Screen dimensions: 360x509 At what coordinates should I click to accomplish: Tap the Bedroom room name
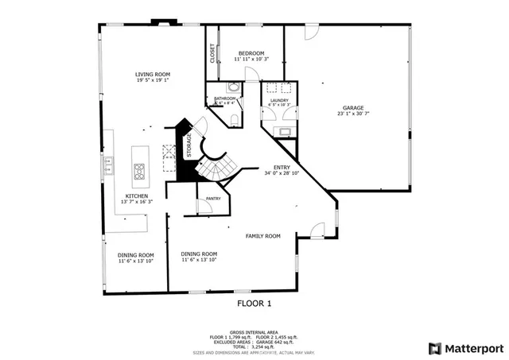(251, 53)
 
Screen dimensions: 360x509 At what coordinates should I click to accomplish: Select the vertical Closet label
(212, 53)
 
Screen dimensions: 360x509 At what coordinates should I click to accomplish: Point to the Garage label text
(354, 107)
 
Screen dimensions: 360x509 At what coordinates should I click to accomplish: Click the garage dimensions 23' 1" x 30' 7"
(354, 114)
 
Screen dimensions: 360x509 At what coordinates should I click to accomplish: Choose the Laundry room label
(279, 100)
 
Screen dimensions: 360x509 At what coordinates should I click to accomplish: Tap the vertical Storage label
(189, 145)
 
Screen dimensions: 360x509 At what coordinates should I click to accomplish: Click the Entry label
(282, 167)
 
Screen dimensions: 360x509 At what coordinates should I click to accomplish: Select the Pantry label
(212, 198)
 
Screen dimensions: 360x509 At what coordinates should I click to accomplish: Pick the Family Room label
(263, 236)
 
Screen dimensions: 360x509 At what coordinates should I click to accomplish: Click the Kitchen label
(137, 196)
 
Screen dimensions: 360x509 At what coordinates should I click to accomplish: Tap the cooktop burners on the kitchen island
(140, 168)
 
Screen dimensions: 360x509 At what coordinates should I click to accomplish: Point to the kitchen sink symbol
(108, 165)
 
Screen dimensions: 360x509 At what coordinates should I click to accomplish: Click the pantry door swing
(204, 207)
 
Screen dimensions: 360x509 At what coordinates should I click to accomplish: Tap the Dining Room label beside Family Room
(199, 254)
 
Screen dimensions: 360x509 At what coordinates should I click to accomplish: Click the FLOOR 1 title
(254, 303)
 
